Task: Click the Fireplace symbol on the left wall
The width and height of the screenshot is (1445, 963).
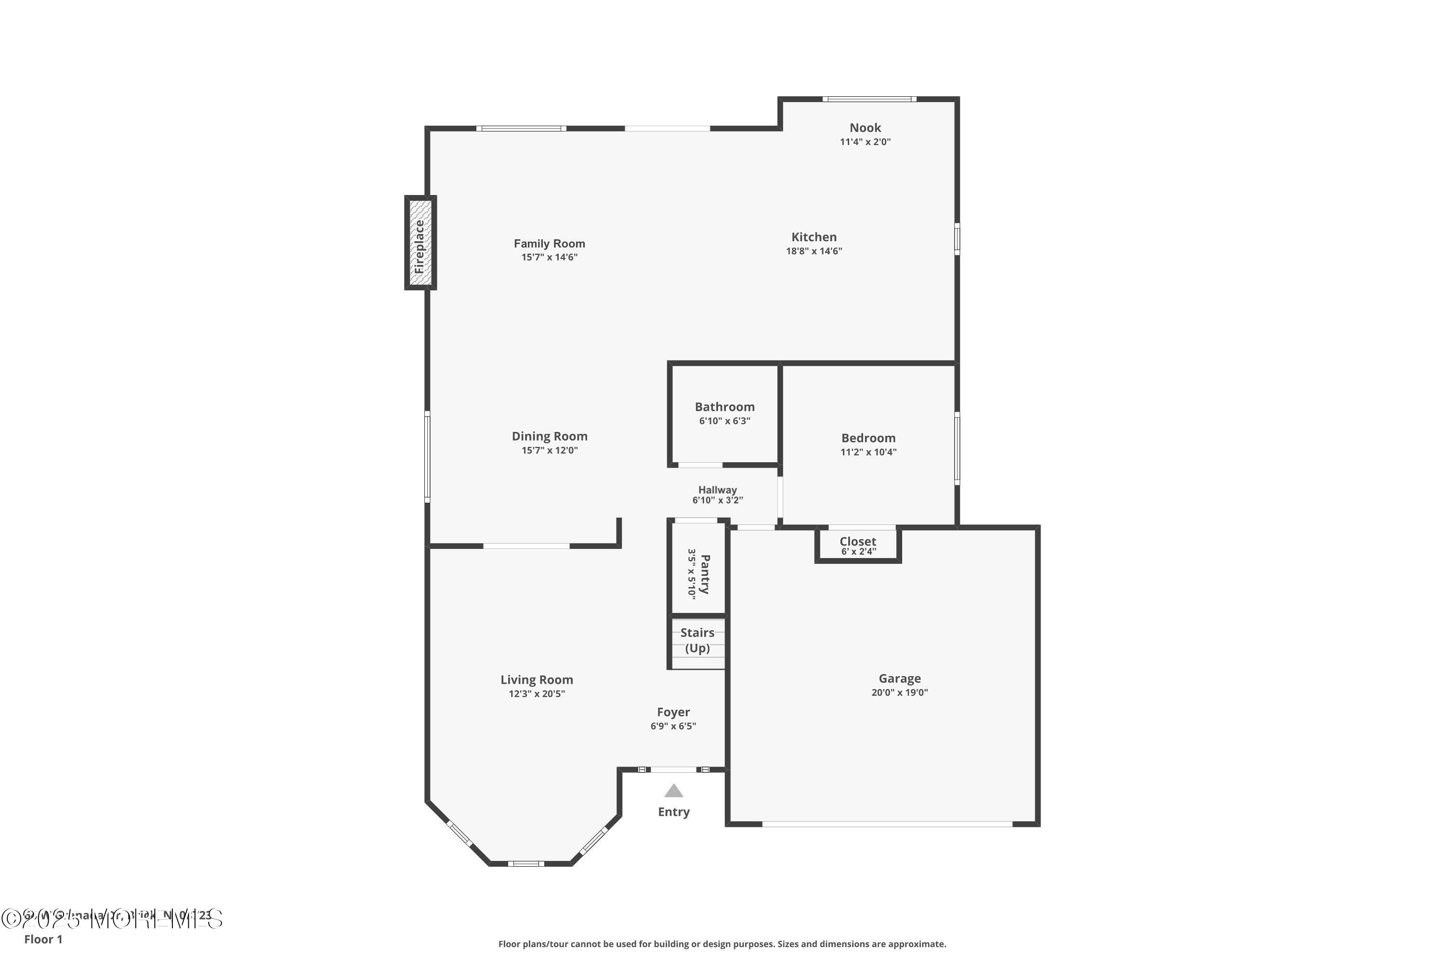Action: pos(420,243)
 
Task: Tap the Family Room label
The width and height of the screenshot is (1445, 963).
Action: pos(549,244)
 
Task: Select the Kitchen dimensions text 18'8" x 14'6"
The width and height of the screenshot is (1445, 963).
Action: pos(814,251)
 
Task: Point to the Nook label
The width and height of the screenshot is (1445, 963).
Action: pos(865,128)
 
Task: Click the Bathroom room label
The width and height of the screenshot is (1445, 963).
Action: pos(724,407)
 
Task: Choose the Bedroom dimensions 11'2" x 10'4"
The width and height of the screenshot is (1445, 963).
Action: pos(868,452)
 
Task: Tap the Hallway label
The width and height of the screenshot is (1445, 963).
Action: pos(717,490)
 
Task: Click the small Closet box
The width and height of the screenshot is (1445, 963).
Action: pos(858,544)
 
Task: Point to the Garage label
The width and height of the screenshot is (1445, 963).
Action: pos(899,678)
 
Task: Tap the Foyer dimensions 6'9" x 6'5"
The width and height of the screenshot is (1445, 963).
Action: pos(673,726)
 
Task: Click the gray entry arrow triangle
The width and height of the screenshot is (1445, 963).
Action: pos(673,791)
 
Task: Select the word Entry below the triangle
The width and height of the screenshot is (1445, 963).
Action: pos(673,812)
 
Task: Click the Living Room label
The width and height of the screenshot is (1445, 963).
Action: pos(537,680)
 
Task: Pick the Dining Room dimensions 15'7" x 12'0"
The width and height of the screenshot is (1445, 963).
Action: pos(549,450)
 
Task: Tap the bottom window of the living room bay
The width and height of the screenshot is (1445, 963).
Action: pos(525,863)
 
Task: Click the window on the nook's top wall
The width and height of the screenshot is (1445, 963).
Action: pos(869,99)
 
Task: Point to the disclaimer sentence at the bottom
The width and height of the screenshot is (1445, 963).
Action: pos(722,944)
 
